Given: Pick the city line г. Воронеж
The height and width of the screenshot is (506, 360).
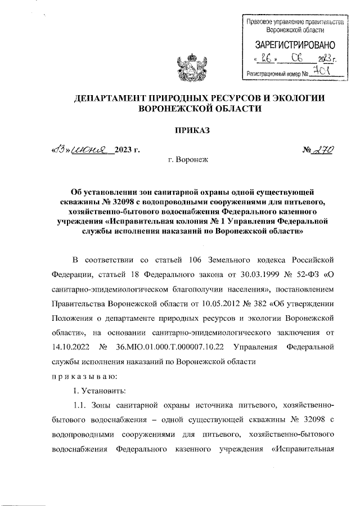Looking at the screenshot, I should tap(188, 160).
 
